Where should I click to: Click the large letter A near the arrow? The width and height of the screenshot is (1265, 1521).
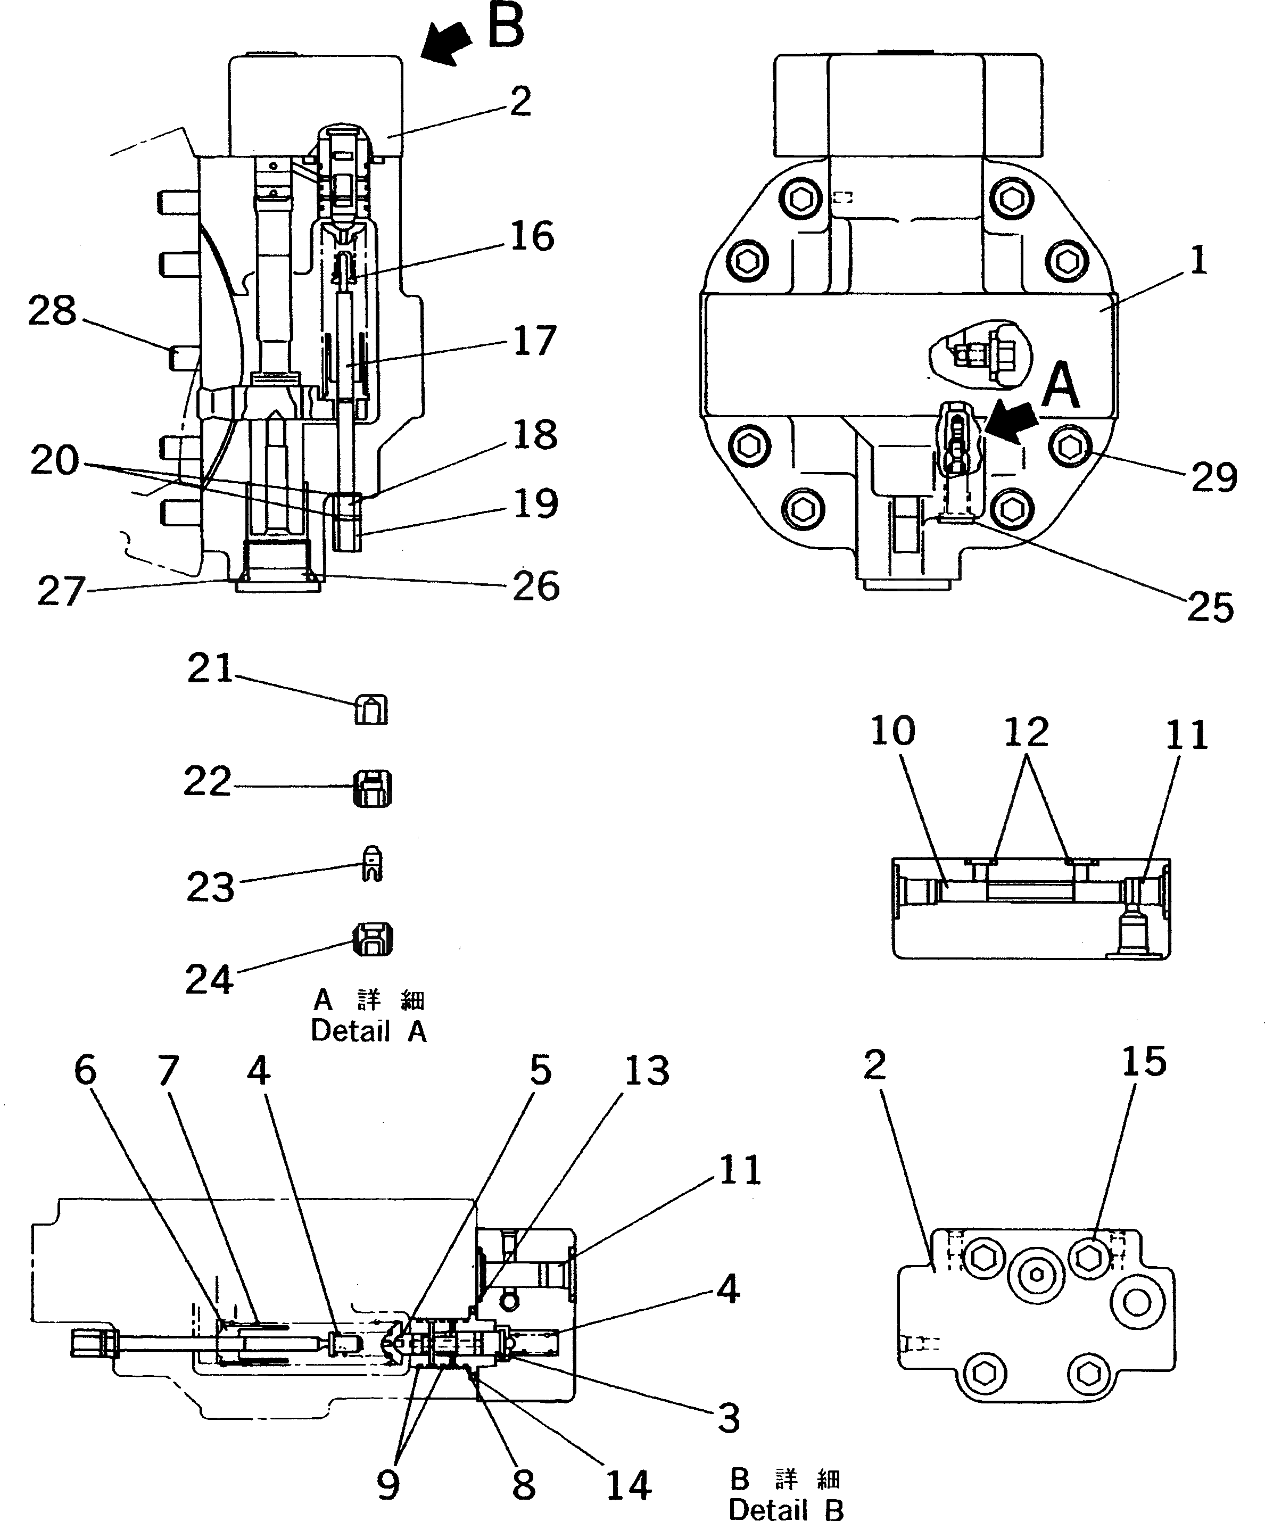(x=1060, y=387)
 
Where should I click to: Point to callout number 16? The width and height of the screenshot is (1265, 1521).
(x=532, y=237)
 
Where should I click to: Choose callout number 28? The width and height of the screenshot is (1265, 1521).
(x=52, y=311)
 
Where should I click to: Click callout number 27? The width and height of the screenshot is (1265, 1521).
(x=62, y=591)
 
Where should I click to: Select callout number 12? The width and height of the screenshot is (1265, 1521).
(x=1026, y=733)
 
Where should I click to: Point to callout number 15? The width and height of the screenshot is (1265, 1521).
(x=1144, y=1062)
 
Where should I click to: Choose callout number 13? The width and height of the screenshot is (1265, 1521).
(x=647, y=1070)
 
